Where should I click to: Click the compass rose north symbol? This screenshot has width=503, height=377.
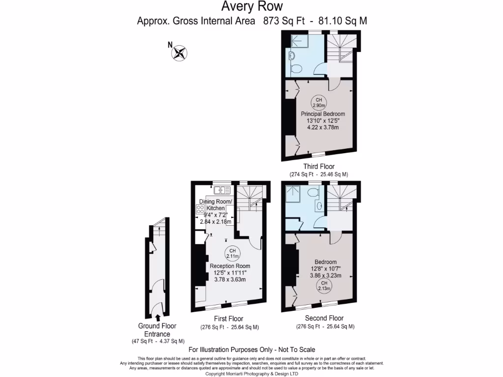(x=180, y=53)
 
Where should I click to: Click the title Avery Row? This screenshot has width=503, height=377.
(x=251, y=7)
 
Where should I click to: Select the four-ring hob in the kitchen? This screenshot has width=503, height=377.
(x=200, y=210)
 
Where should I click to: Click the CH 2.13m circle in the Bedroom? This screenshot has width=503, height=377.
(x=324, y=286)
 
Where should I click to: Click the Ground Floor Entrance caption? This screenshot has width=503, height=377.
(x=158, y=330)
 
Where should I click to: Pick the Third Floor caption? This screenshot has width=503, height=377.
(x=319, y=167)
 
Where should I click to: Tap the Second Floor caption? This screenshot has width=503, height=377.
(x=324, y=318)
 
